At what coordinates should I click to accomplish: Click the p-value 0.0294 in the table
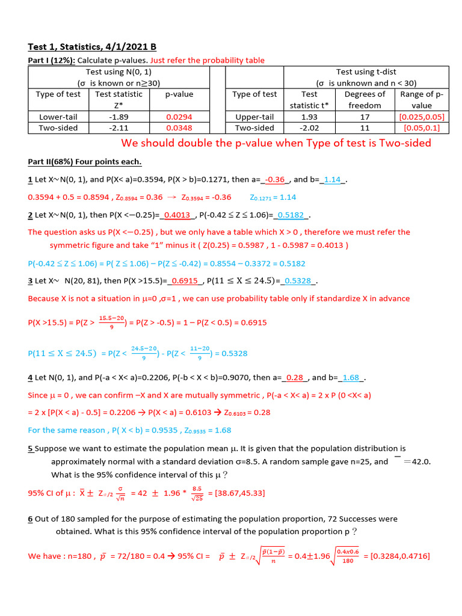(x=179, y=117)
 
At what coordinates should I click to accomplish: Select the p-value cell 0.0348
(x=179, y=128)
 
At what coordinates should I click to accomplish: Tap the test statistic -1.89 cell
(x=115, y=117)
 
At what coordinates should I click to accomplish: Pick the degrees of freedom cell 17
(x=365, y=117)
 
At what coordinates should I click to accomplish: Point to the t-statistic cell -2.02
(x=309, y=128)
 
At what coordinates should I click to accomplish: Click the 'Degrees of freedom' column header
(x=365, y=99)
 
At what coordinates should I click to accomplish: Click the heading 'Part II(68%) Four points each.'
(x=85, y=162)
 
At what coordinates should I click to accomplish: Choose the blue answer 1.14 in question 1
(x=332, y=180)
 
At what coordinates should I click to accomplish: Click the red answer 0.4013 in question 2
(x=177, y=215)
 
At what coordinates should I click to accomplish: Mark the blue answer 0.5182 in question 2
(x=291, y=215)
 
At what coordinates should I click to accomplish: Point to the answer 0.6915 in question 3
(x=185, y=280)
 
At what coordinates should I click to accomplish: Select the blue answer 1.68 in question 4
(x=351, y=378)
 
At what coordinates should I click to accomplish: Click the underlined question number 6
(x=30, y=519)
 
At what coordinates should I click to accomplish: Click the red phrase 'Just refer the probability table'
(x=208, y=60)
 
